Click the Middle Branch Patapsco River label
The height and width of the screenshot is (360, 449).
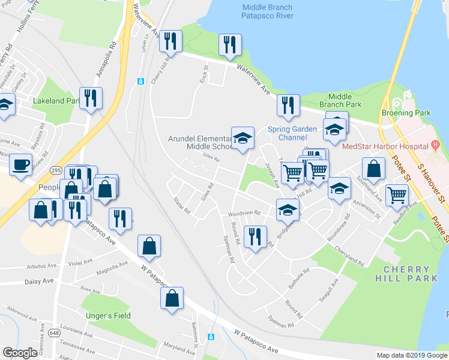(x=267, y=12)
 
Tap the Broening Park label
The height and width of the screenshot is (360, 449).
(x=406, y=113)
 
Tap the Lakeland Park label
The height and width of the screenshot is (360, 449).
(x=56, y=101)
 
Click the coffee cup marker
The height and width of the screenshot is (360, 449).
(x=21, y=164)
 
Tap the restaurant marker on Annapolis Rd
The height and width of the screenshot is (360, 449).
(x=91, y=98)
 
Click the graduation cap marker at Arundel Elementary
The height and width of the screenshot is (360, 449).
(x=243, y=138)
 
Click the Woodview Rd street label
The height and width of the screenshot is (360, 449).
(x=243, y=214)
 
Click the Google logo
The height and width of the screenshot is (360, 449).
(x=19, y=353)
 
